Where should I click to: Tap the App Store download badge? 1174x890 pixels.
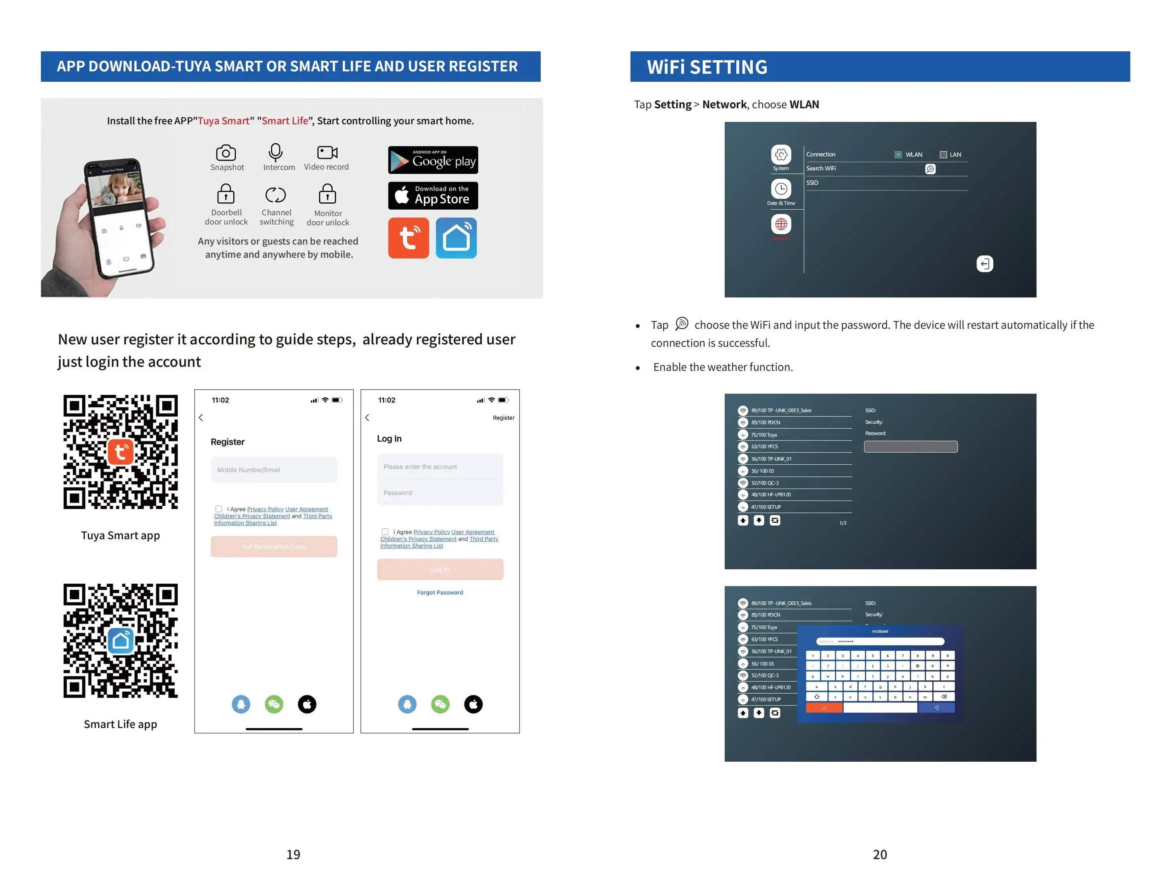(432, 195)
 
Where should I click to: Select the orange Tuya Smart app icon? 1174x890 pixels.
(408, 238)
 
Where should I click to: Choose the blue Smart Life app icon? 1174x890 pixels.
(456, 238)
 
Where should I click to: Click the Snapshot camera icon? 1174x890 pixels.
(226, 153)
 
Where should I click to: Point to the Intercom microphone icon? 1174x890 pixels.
(275, 152)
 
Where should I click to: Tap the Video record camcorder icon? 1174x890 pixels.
(327, 152)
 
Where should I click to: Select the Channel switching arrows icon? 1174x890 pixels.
(275, 195)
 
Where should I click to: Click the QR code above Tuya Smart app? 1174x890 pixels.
(121, 452)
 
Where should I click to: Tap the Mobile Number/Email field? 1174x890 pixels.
(273, 470)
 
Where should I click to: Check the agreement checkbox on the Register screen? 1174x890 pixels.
(219, 509)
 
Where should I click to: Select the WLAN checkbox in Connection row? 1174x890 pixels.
(898, 154)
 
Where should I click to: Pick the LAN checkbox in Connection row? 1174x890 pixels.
(943, 154)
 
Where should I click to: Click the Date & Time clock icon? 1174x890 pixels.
(781, 188)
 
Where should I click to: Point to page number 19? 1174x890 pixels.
(293, 854)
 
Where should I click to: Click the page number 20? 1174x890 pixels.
(879, 854)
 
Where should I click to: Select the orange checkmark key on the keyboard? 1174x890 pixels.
(824, 708)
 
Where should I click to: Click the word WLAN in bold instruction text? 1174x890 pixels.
(804, 105)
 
